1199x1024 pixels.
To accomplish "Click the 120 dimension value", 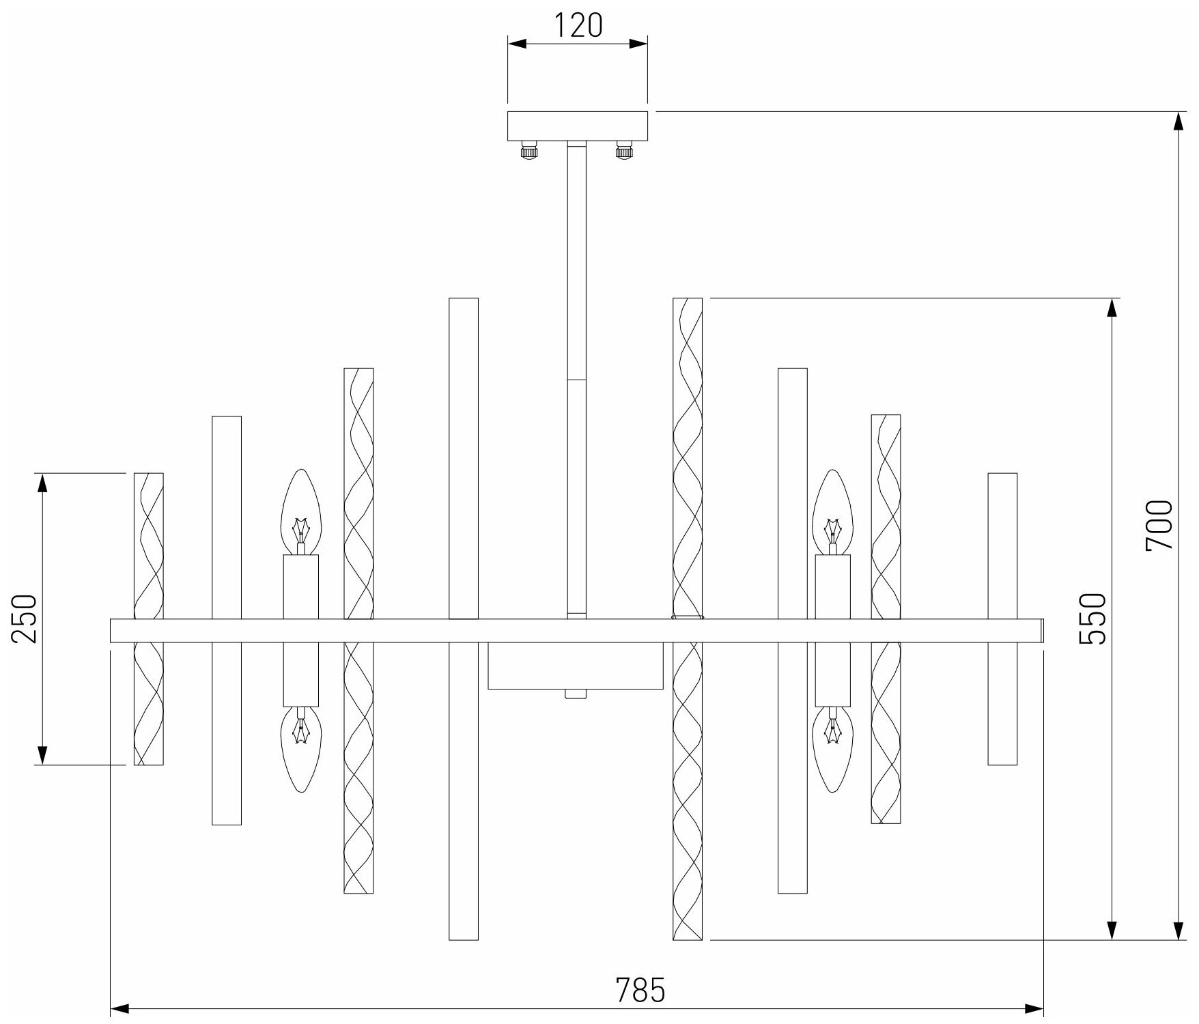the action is (577, 25).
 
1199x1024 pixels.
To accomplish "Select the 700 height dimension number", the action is (1159, 525).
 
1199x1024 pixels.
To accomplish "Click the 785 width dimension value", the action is (640, 990).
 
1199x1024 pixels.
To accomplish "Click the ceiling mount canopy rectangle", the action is (577, 126).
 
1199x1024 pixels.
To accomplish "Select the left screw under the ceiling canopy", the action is (529, 150).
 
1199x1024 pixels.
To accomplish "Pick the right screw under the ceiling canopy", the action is (624, 150).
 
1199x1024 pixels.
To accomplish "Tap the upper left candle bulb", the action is (301, 512).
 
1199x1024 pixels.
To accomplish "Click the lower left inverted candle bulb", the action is (301, 750).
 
